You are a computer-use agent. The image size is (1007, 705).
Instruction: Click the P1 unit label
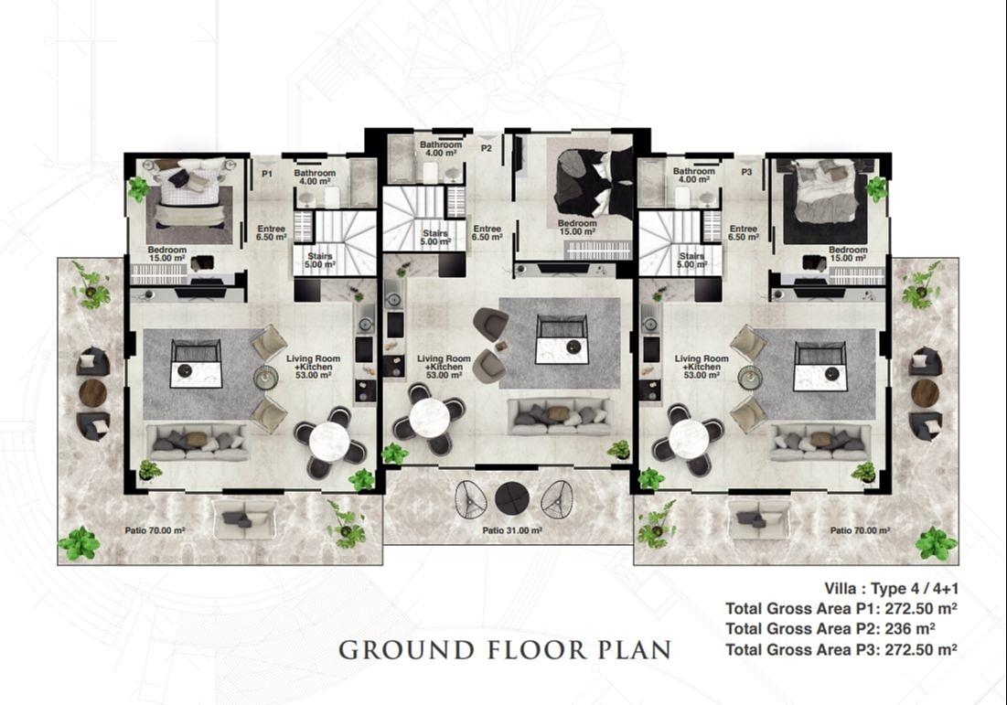tap(267, 174)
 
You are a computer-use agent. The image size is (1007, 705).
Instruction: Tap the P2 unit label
tap(487, 148)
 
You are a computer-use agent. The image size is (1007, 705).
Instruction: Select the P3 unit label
tap(746, 172)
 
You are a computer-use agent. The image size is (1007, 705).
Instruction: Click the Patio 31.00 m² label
tap(512, 531)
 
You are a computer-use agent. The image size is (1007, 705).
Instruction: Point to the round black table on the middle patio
tap(512, 498)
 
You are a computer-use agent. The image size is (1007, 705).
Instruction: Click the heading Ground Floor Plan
tap(505, 650)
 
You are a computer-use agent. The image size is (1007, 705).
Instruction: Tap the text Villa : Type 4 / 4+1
tap(892, 589)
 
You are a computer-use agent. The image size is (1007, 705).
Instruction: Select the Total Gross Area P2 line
tap(830, 628)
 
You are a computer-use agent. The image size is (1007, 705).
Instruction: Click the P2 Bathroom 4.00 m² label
tap(441, 149)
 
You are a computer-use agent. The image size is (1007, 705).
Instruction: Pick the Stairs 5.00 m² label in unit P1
tap(319, 260)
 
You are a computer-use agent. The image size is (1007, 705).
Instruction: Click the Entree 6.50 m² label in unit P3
tap(743, 232)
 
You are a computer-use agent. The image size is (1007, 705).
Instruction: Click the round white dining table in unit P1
tap(329, 441)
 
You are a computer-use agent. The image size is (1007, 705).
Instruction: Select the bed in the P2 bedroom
tap(584, 183)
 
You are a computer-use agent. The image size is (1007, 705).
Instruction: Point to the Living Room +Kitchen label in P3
tap(702, 367)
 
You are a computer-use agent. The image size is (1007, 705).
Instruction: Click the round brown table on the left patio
tap(92, 393)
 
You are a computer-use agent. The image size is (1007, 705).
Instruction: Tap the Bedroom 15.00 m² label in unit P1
tap(167, 254)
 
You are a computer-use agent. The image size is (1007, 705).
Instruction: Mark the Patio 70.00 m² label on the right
tap(860, 531)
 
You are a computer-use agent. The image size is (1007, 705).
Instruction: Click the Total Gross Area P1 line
tap(841, 608)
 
